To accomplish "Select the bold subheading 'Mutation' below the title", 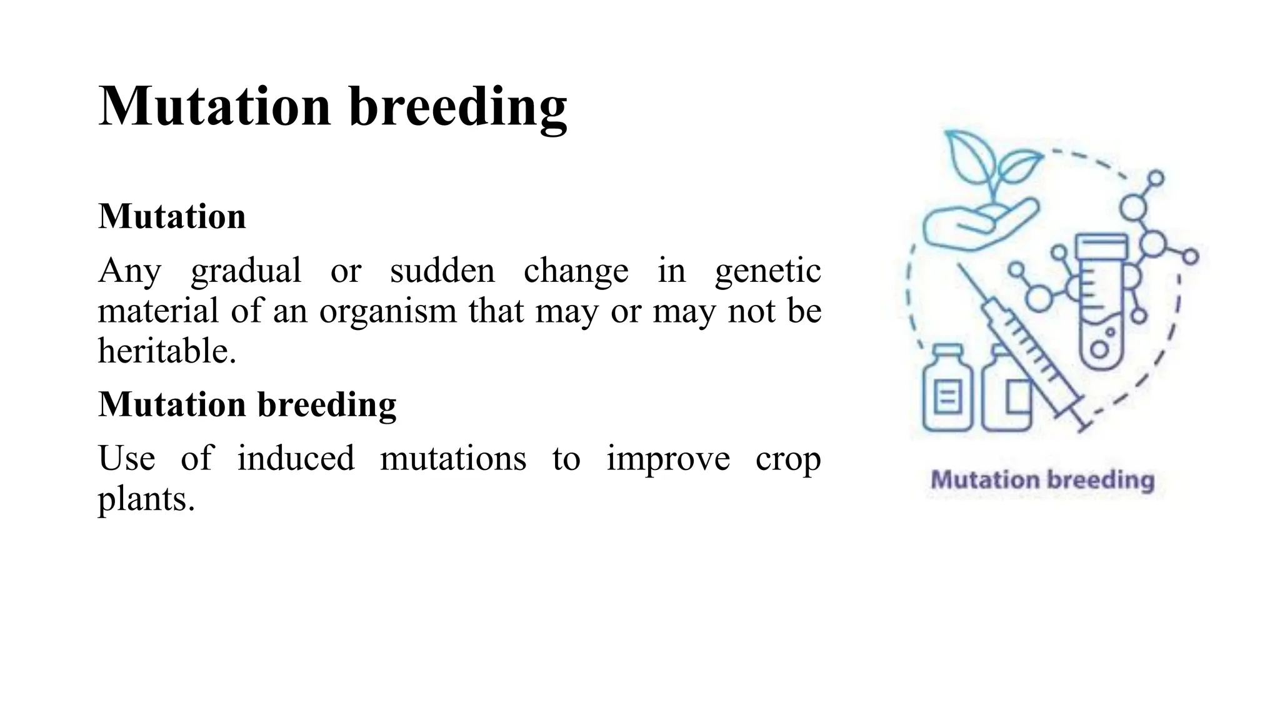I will click(x=172, y=216).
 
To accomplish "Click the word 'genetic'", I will click(x=767, y=271).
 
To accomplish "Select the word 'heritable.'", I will click(x=167, y=351).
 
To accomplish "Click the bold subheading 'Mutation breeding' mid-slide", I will click(x=247, y=404).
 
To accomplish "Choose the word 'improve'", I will click(x=667, y=459).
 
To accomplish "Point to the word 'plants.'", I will click(x=146, y=499).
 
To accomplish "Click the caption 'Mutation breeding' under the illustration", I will click(x=1042, y=480).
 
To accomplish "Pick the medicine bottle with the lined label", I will click(x=947, y=391).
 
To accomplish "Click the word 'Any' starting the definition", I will click(x=129, y=271).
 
